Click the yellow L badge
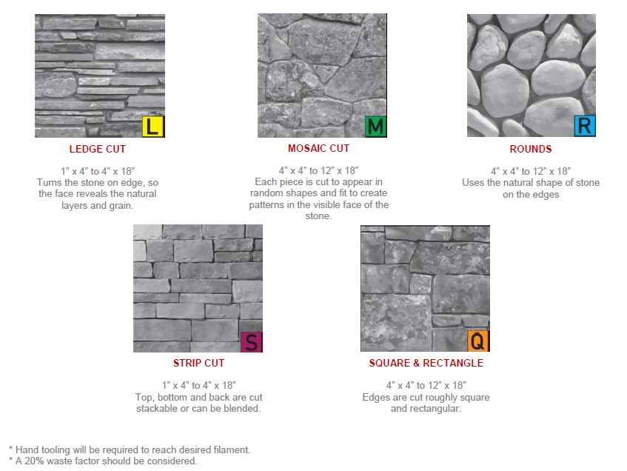(x=152, y=127)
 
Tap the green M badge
(x=375, y=127)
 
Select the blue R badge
(x=584, y=126)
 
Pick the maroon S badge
(x=252, y=342)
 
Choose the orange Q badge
(x=478, y=341)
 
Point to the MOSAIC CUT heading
(x=318, y=149)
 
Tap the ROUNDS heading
(x=531, y=149)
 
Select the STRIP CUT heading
(x=198, y=364)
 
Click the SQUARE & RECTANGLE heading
(x=426, y=364)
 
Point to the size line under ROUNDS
(x=531, y=171)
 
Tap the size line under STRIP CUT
(x=198, y=385)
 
